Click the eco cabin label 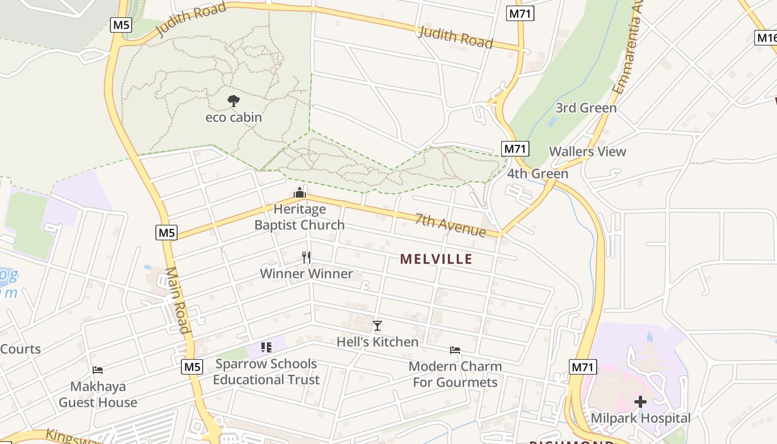[x=234, y=118]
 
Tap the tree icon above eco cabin [x=234, y=101]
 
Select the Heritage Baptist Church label [x=300, y=217]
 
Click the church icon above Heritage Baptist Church [x=300, y=193]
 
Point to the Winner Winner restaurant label [x=306, y=274]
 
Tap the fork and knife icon [x=306, y=257]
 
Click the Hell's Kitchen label [x=377, y=342]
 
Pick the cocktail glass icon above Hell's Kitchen [x=377, y=326]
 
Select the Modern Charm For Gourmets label [x=455, y=374]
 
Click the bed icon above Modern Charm [x=455, y=350]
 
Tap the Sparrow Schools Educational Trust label [x=266, y=372]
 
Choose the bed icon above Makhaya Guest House [x=98, y=370]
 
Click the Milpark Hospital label [x=640, y=418]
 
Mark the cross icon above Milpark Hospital [x=640, y=401]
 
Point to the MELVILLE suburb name [x=436, y=259]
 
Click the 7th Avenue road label [x=451, y=224]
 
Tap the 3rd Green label [x=586, y=108]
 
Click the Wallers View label [x=587, y=152]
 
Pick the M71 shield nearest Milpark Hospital [x=583, y=367]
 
